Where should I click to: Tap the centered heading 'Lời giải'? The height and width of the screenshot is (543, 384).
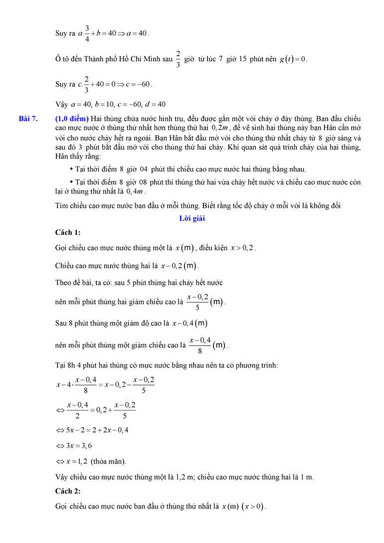point(192,218)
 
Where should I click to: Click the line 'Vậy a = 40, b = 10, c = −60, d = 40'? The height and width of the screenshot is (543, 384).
point(110,104)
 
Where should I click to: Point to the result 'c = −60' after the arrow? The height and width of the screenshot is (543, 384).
point(137,84)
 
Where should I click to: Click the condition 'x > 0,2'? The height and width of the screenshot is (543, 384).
point(243,248)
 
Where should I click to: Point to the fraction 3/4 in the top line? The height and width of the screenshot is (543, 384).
point(87,33)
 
